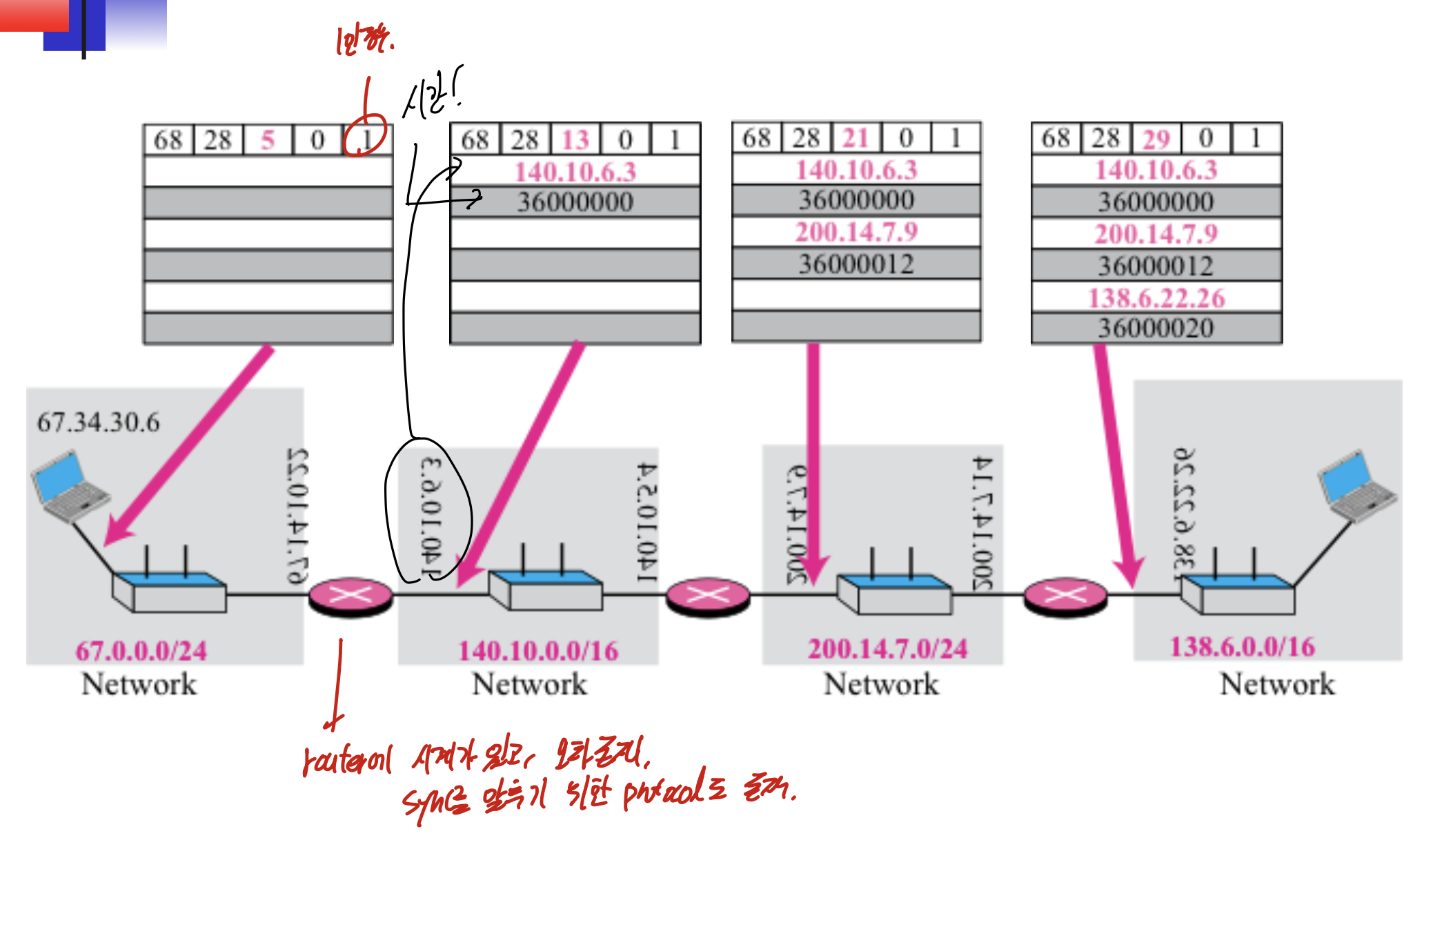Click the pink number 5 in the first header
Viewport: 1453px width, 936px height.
click(268, 140)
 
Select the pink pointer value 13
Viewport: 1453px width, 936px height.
click(575, 140)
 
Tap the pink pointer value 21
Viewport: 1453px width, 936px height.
click(856, 138)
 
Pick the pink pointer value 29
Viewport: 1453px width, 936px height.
click(1156, 139)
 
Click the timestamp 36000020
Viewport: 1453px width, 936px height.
click(1156, 328)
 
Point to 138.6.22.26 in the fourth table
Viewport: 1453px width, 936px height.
click(1156, 298)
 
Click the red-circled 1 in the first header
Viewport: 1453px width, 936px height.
click(366, 139)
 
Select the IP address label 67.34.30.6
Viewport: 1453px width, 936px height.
click(98, 422)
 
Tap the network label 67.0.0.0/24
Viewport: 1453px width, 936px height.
click(141, 650)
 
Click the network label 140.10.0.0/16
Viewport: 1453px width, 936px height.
click(538, 650)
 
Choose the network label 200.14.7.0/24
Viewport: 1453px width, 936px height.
click(887, 649)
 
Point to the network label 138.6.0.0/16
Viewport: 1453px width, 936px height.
click(1242, 647)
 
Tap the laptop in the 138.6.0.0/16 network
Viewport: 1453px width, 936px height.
click(1355, 487)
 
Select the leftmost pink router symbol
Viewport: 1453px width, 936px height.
click(350, 596)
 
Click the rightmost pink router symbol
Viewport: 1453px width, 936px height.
click(1065, 596)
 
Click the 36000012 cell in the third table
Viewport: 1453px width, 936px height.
click(856, 264)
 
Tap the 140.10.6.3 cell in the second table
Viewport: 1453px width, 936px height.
click(575, 171)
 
